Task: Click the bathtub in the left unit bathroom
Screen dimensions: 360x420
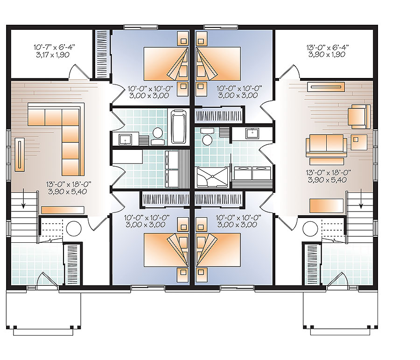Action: pos(178,127)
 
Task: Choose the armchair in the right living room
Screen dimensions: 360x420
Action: pos(359,116)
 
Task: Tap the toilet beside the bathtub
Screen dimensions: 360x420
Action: pos(157,134)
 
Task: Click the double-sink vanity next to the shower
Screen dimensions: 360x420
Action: pos(251,173)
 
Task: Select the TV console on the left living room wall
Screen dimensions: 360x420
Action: pos(20,155)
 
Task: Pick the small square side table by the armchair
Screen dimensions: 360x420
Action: pos(358,139)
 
